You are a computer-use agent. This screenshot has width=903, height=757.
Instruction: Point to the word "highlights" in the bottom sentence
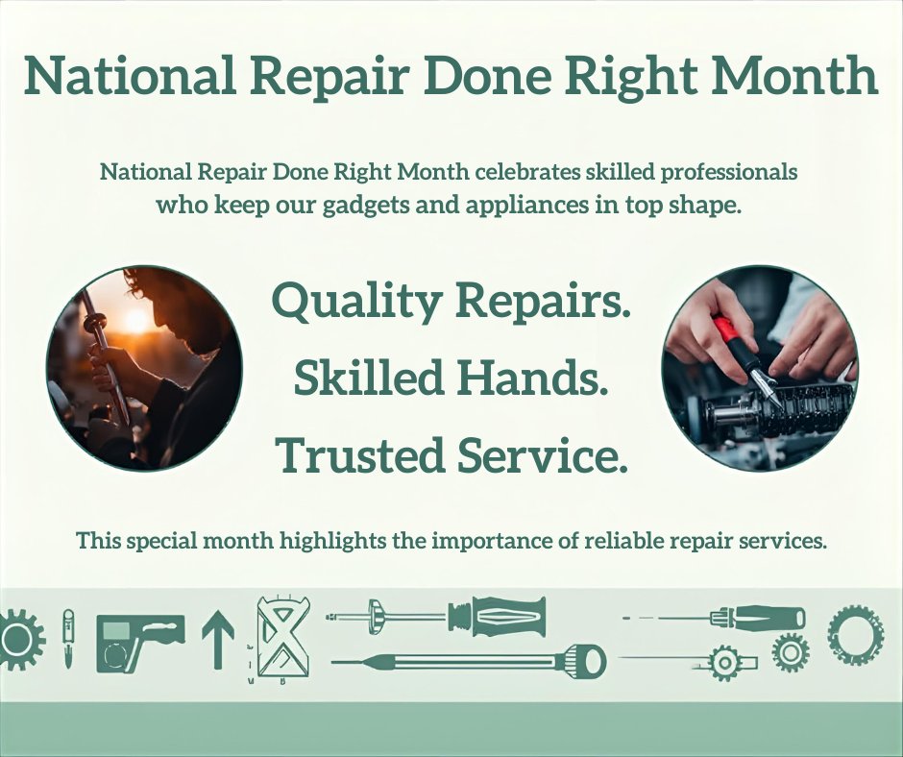[x=331, y=540]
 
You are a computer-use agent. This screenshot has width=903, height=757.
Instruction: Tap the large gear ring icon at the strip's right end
[x=855, y=635]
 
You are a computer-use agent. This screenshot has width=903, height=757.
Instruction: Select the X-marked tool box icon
[x=283, y=636]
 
